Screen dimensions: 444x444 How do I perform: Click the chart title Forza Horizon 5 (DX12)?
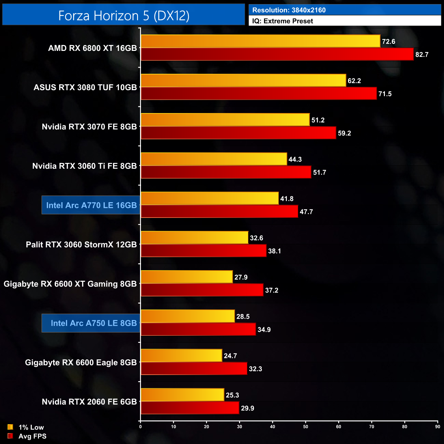tap(124, 15)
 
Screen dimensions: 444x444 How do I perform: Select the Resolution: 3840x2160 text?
tap(289, 10)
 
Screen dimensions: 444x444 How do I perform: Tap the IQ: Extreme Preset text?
tap(282, 21)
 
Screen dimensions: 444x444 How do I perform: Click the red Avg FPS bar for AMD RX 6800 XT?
tap(277, 54)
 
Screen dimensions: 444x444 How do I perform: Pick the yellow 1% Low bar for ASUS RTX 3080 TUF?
tap(243, 81)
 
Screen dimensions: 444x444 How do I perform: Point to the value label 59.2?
tap(344, 133)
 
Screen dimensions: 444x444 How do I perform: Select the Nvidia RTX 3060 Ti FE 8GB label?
tap(84, 166)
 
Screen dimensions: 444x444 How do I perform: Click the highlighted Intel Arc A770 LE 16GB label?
tap(91, 205)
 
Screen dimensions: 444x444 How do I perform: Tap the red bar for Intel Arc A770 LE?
tap(219, 211)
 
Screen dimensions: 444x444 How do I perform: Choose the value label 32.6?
tap(256, 238)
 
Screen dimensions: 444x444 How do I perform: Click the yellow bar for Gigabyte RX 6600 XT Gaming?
tap(186, 277)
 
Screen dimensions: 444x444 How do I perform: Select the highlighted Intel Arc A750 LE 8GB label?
tap(94, 323)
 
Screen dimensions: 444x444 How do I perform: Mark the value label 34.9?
tap(264, 330)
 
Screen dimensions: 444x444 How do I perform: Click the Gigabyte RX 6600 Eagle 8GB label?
tap(81, 362)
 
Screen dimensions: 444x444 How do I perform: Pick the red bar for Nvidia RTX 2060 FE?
tap(190, 408)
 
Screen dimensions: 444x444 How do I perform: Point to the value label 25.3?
tap(232, 395)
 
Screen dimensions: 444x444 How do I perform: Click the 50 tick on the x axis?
tap(306, 427)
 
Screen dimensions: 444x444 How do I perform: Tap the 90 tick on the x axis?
tap(438, 427)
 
